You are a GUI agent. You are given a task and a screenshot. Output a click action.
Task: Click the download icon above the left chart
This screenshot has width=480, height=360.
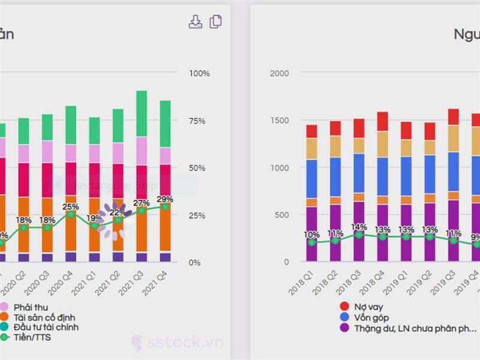196,22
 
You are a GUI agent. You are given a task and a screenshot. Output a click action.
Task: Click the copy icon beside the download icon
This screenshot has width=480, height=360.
216,22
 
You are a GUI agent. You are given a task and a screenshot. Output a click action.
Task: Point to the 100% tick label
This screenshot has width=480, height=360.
199,73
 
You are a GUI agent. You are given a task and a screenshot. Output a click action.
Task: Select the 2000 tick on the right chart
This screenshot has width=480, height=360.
279,73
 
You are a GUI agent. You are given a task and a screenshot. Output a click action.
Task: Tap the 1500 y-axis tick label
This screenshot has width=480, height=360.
279,121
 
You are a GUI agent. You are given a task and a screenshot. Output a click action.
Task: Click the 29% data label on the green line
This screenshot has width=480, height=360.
165,199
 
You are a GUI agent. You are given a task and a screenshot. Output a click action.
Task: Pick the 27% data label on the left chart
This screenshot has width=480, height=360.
142,203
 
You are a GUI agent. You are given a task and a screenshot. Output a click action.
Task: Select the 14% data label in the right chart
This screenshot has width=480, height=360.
359,227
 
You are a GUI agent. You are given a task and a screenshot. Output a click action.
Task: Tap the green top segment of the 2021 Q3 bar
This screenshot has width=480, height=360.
142,113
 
